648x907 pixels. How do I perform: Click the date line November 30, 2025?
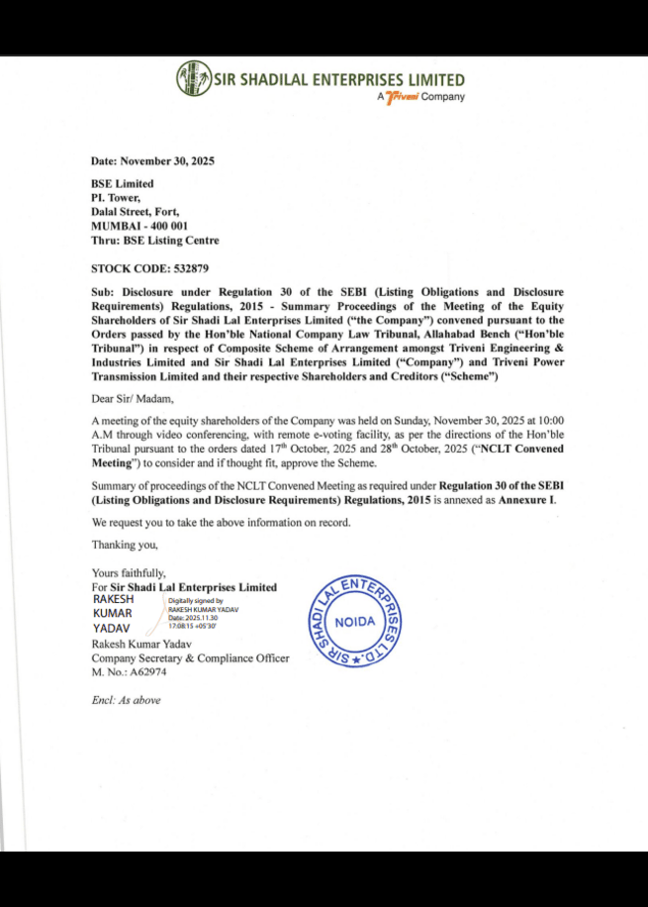pyautogui.click(x=152, y=160)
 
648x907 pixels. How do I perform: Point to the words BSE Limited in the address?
pyautogui.click(x=123, y=183)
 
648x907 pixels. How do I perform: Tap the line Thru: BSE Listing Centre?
pyautogui.click(x=155, y=240)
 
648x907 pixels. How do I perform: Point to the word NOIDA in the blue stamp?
pyautogui.click(x=356, y=622)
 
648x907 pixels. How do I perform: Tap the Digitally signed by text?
pyautogui.click(x=195, y=600)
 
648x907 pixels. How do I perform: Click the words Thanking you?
pyautogui.click(x=125, y=545)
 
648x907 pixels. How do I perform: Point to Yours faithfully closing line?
pyautogui.click(x=130, y=573)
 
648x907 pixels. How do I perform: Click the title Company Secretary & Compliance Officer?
pyautogui.click(x=191, y=658)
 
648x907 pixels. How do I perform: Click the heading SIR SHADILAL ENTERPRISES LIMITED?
pyautogui.click(x=339, y=79)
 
